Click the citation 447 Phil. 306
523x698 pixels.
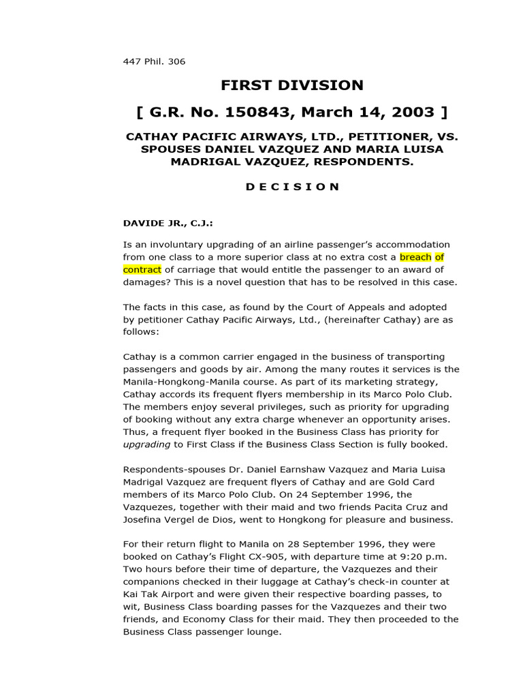point(154,61)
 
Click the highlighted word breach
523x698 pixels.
point(415,257)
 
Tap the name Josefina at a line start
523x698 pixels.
point(145,519)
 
